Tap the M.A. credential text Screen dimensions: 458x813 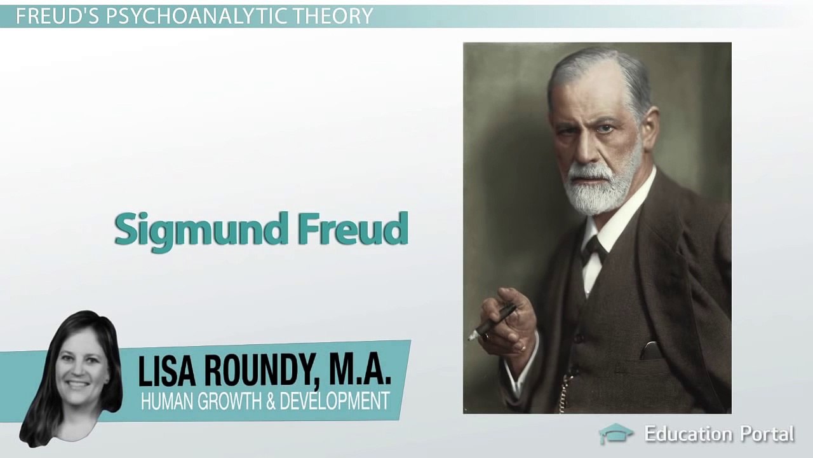(359, 373)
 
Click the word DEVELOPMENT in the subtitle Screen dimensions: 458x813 (335, 401)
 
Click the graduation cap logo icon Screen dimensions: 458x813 (615, 434)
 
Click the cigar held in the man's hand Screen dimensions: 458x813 (493, 322)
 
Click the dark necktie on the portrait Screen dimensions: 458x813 (594, 249)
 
